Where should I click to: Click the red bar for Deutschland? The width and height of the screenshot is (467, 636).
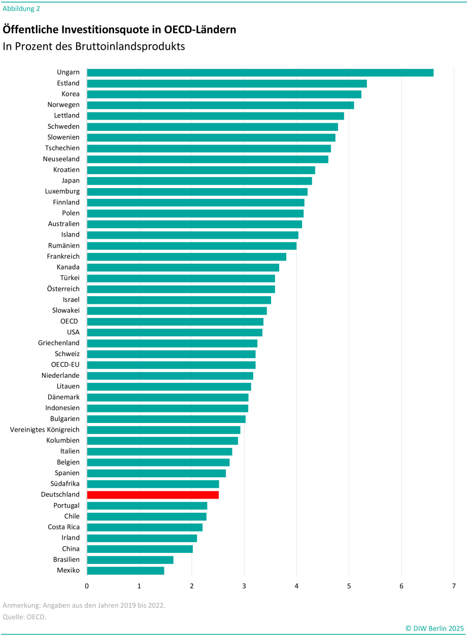coord(153,494)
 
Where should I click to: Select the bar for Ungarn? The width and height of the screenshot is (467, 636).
coord(260,73)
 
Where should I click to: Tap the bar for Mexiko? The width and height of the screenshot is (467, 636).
coord(125,571)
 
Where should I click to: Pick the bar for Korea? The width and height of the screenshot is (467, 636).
coord(224,94)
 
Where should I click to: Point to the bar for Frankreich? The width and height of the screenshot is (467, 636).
coord(186,257)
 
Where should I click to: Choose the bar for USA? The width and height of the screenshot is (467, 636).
coord(175,332)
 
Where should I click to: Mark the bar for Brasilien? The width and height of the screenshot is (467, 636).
coord(130,559)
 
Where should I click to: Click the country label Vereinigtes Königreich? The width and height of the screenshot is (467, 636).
coord(45,430)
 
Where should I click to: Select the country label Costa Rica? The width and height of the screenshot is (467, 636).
coord(64,527)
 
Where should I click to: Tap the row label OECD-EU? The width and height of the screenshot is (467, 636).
coord(65,365)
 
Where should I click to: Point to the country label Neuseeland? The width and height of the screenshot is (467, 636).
coord(61,159)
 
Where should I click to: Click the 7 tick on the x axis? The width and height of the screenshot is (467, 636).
coord(454,586)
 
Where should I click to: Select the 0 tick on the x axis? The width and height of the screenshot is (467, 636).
coord(87,586)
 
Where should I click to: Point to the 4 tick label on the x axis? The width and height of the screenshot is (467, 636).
coord(296,586)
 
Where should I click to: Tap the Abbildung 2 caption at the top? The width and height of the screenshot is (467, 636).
coord(21,8)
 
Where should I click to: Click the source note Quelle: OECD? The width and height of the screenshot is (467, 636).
coord(24,617)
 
